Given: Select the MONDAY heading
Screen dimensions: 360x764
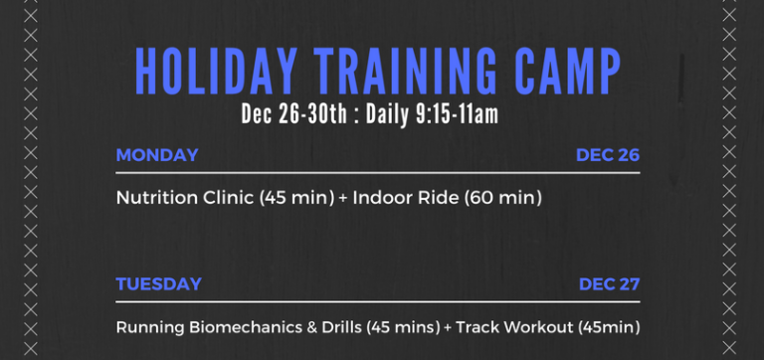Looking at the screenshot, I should coord(157,155).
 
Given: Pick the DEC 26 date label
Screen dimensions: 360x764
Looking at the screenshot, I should coord(607,155).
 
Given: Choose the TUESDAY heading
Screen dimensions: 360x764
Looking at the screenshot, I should coord(158,284).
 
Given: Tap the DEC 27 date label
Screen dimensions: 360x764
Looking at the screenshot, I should coord(609,284).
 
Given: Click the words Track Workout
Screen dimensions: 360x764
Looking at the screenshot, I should coord(511,327).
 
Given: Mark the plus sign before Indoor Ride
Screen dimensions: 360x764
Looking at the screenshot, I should coord(343,198).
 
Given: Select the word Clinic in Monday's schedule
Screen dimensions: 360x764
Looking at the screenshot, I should coord(224,198).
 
